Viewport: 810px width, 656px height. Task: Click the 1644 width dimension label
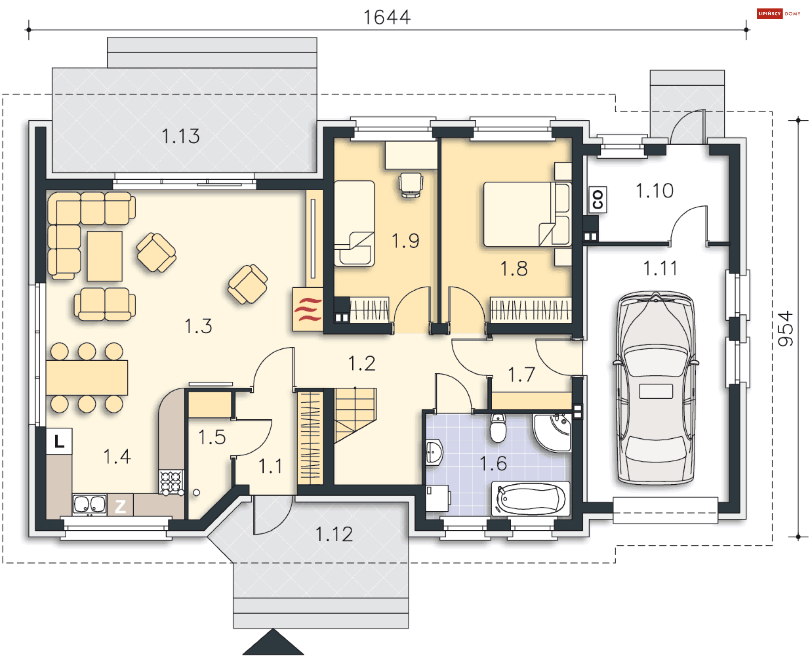pos(387,17)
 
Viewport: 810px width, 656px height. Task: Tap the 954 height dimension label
pos(786,329)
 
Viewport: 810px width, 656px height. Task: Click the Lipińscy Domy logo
pos(778,13)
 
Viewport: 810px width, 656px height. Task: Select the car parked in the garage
pos(656,387)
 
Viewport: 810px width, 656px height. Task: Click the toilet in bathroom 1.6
pos(498,428)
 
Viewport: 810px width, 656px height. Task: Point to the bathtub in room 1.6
pos(530,499)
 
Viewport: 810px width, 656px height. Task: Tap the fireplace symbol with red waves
pos(308,309)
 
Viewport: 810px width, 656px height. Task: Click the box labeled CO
pos(597,200)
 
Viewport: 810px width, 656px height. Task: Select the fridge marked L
pos(59,441)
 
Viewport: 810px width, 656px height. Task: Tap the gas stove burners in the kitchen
pos(171,482)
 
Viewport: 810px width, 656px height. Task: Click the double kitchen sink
pos(89,505)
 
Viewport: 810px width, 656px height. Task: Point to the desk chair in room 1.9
pos(410,185)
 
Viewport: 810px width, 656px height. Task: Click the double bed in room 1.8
pos(527,214)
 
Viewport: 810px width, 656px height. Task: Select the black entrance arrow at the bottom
pos(273,642)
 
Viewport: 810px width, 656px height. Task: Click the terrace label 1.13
pos(181,136)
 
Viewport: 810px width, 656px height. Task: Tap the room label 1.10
pos(654,191)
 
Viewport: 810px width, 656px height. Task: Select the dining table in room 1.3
pos(87,378)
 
